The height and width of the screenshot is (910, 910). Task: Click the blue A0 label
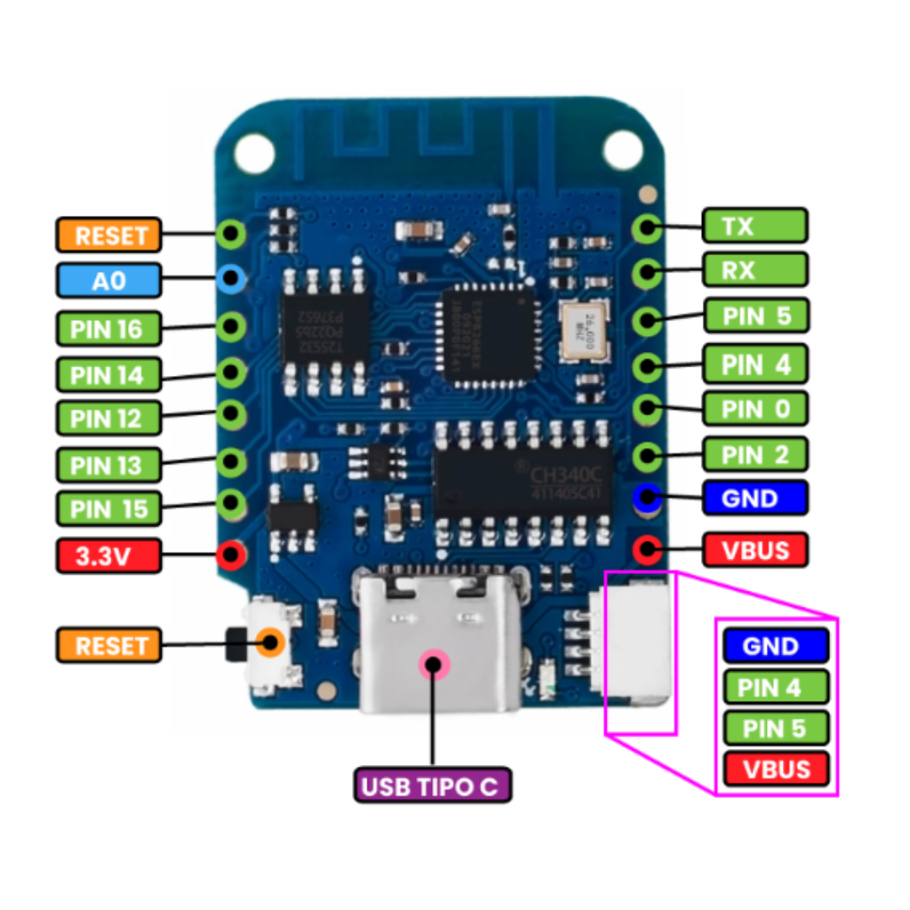click(108, 281)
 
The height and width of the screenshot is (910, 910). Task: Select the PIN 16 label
click(108, 329)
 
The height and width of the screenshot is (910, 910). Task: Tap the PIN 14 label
click(108, 374)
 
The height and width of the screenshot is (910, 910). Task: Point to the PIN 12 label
click(108, 418)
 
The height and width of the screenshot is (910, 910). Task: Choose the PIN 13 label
click(108, 464)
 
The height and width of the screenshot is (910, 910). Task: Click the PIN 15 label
click(108, 509)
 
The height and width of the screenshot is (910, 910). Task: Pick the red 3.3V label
click(108, 556)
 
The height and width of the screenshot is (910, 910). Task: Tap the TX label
click(754, 226)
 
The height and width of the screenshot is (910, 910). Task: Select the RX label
click(754, 269)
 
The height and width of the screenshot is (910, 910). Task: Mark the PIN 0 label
click(754, 409)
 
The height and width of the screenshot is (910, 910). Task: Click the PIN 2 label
click(754, 455)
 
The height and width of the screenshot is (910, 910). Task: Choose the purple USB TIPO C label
click(433, 786)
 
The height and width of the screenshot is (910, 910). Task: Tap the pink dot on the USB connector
click(434, 663)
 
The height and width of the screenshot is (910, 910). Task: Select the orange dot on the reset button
click(270, 643)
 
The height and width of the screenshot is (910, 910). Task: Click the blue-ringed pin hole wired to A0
click(231, 280)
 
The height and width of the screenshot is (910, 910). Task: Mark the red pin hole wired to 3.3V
click(231, 556)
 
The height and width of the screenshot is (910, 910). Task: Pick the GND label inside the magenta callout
click(776, 646)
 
